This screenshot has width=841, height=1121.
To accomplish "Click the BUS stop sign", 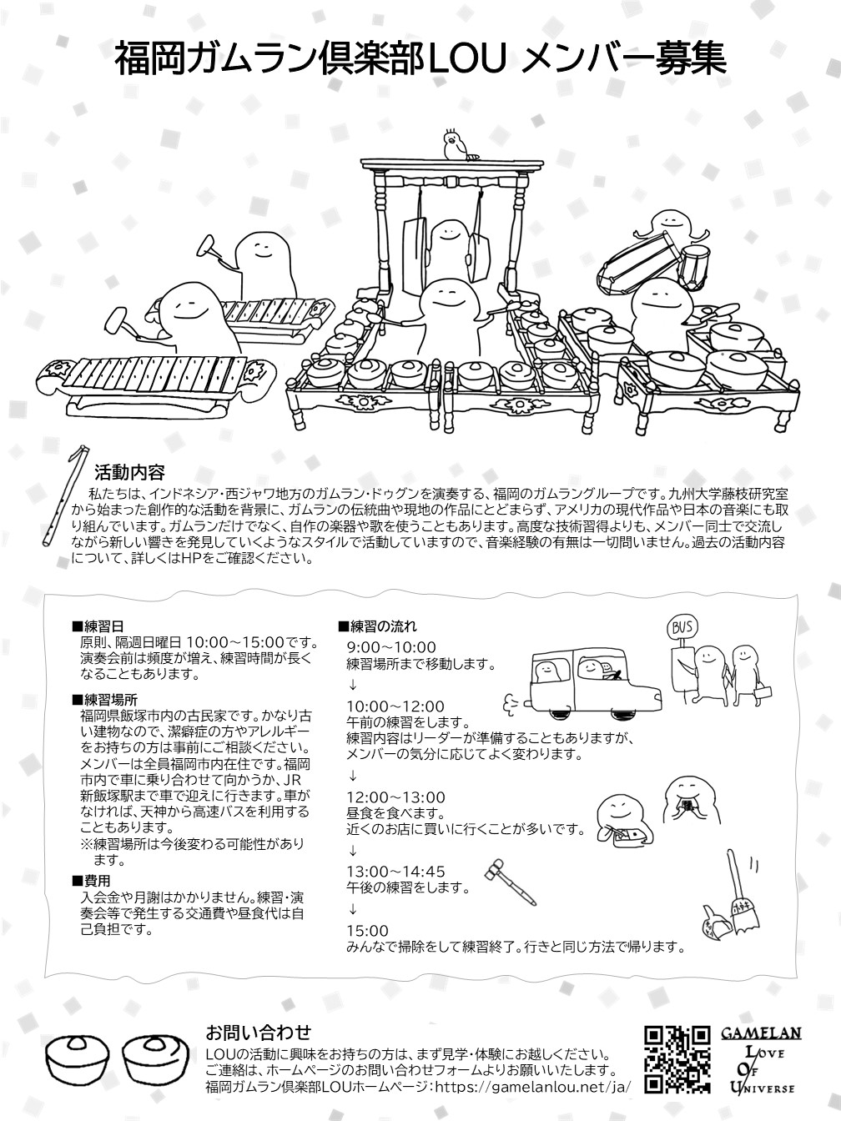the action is pos(682,628).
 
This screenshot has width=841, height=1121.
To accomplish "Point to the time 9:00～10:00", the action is pos(391,647).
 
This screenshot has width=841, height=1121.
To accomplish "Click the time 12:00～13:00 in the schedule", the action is pos(396,797).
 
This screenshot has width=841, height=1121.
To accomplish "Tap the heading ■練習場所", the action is pos(104,700).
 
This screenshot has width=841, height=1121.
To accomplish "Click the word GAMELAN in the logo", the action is pos(761,1029).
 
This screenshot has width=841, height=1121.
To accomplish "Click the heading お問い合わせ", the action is pos(258,1028).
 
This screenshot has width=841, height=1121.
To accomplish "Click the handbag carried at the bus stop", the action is pos(763,691).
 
